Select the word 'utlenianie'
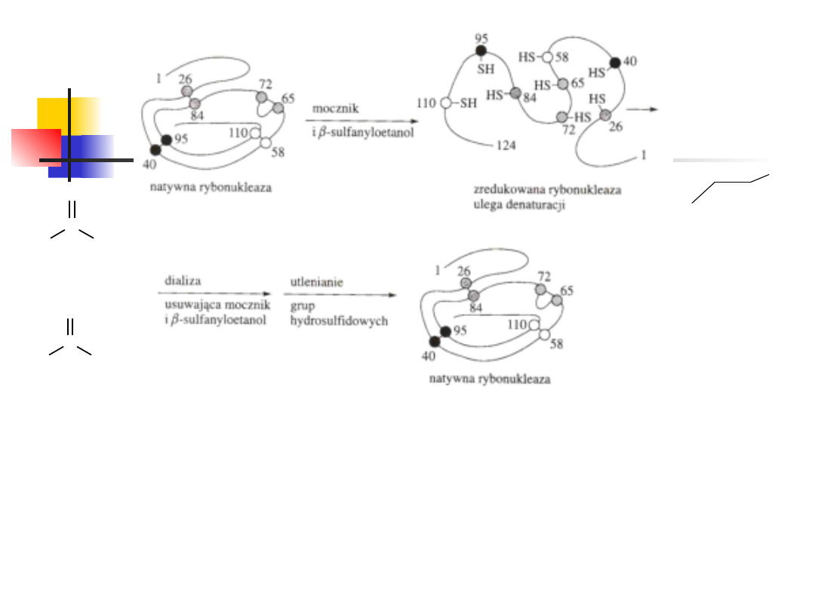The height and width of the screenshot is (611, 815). pos(317,281)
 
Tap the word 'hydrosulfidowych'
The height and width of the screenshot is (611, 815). pos(339,321)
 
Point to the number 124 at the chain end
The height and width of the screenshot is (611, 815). pos(506,145)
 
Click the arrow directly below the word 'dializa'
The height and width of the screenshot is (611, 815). pos(214,293)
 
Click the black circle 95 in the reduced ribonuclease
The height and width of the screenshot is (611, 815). pos(481,51)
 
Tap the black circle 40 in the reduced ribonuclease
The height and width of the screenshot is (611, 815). pos(614,63)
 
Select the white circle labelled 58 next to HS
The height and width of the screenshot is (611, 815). pos(548,57)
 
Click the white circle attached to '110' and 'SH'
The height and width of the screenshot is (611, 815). pos(446,103)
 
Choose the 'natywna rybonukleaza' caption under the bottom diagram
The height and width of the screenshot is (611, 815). pos(490,379)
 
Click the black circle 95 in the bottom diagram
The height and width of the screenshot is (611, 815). pos(445,331)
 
